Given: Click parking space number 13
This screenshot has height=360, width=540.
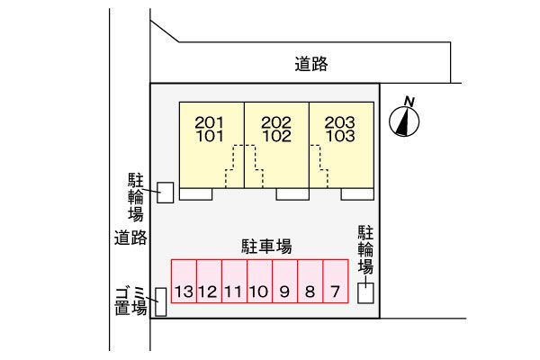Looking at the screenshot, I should tap(184, 282).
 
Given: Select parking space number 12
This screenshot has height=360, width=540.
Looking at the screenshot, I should tap(209, 282).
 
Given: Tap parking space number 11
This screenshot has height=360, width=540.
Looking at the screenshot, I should tap(234, 282).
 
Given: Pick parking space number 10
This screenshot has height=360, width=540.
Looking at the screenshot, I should tap(259, 282).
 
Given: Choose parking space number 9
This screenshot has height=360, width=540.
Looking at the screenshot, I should tap(284, 282).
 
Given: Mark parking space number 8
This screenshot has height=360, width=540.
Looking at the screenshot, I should tap(310, 282).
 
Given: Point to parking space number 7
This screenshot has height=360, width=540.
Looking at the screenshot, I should tap(335, 282).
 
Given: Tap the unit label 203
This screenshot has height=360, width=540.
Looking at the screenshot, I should tap(341, 122).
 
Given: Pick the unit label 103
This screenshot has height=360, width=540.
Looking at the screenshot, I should tap(341, 137).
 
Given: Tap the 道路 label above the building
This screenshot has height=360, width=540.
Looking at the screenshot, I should tap(310, 64).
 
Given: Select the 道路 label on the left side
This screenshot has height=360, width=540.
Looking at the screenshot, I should tap(130, 238).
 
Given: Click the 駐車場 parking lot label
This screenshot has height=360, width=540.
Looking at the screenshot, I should tap(265, 245).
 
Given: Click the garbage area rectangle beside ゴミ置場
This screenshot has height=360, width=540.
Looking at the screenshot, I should tap(160, 301).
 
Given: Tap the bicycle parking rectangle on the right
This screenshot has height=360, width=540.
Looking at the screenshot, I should tap(366, 293).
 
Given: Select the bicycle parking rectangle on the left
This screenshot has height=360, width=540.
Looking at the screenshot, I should tap(166, 193).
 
